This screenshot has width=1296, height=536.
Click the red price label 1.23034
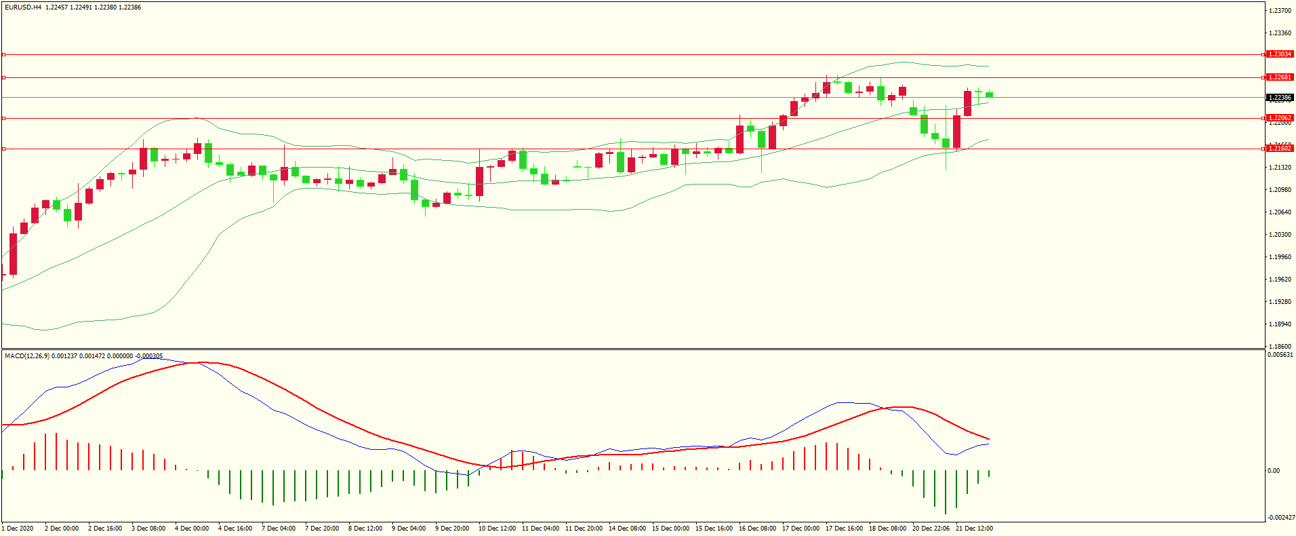[x=1280, y=54]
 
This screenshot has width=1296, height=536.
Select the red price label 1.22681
[x=1280, y=77]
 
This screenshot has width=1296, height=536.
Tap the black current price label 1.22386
[x=1280, y=98]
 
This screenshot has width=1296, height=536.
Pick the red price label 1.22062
[x=1280, y=118]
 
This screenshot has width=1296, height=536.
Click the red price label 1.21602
[x=1280, y=148]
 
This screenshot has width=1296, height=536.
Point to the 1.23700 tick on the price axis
[x=1280, y=11]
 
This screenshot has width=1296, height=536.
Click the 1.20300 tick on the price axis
[x=1280, y=235]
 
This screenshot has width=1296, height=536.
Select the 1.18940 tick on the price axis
[x=1280, y=324]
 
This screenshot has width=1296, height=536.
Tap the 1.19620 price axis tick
[x=1280, y=280]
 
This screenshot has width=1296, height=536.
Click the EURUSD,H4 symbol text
[x=23, y=7]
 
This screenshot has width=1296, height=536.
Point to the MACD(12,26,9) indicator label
[x=26, y=356]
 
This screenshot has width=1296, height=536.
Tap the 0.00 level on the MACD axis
[x=1274, y=471]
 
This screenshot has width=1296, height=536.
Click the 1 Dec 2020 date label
[x=18, y=529]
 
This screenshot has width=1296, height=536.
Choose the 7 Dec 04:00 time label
[x=279, y=529]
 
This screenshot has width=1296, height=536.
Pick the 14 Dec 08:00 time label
[x=627, y=529]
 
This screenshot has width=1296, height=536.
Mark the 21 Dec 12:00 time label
[x=974, y=529]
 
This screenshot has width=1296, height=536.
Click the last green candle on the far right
[x=990, y=94]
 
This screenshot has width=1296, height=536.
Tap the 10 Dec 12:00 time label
[x=497, y=529]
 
